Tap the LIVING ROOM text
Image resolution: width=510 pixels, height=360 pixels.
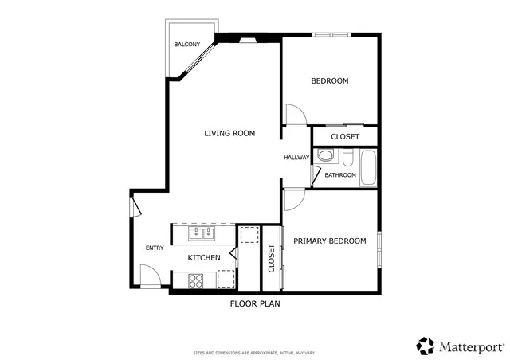(229, 133)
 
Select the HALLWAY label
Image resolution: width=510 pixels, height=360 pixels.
(296, 158)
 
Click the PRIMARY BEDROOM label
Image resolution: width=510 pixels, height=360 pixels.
(330, 241)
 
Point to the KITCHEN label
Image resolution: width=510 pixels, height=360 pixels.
(204, 258)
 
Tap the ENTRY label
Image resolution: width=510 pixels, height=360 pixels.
(155, 248)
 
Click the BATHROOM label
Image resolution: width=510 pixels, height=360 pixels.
(340, 174)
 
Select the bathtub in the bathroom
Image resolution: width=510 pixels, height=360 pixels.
(367, 167)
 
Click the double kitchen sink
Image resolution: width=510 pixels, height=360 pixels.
(202, 233)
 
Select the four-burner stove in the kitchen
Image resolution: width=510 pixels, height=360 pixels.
(195, 280)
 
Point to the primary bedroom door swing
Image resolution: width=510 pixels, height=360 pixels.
(292, 198)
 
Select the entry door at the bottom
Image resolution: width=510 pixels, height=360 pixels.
(149, 278)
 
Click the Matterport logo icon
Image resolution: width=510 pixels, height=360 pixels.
(425, 346)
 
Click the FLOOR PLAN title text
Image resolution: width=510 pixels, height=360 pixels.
(254, 303)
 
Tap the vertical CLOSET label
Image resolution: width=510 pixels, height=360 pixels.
(271, 259)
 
